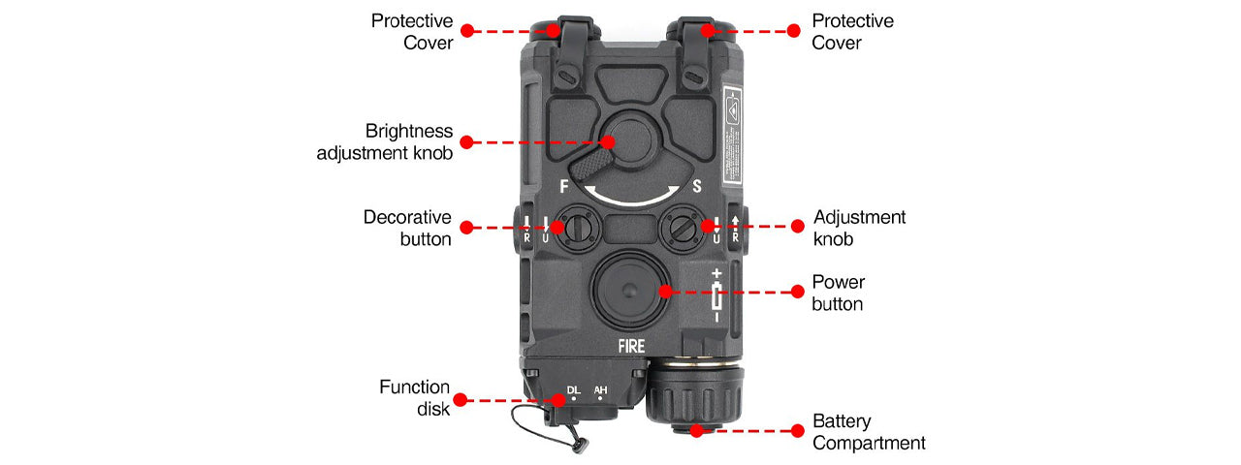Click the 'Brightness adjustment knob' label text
pos(385,141)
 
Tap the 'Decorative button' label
pos(407,228)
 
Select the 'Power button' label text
pos(838,293)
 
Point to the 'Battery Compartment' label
pos(869,432)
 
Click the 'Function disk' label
pos(414,398)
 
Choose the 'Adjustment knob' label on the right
pos(859,228)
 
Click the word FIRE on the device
pos(631,345)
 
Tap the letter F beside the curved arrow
pos(564,186)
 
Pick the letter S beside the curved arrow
pos(696,186)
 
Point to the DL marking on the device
pos(573,389)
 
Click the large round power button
pos(629,291)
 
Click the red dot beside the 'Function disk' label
pos(461,398)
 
